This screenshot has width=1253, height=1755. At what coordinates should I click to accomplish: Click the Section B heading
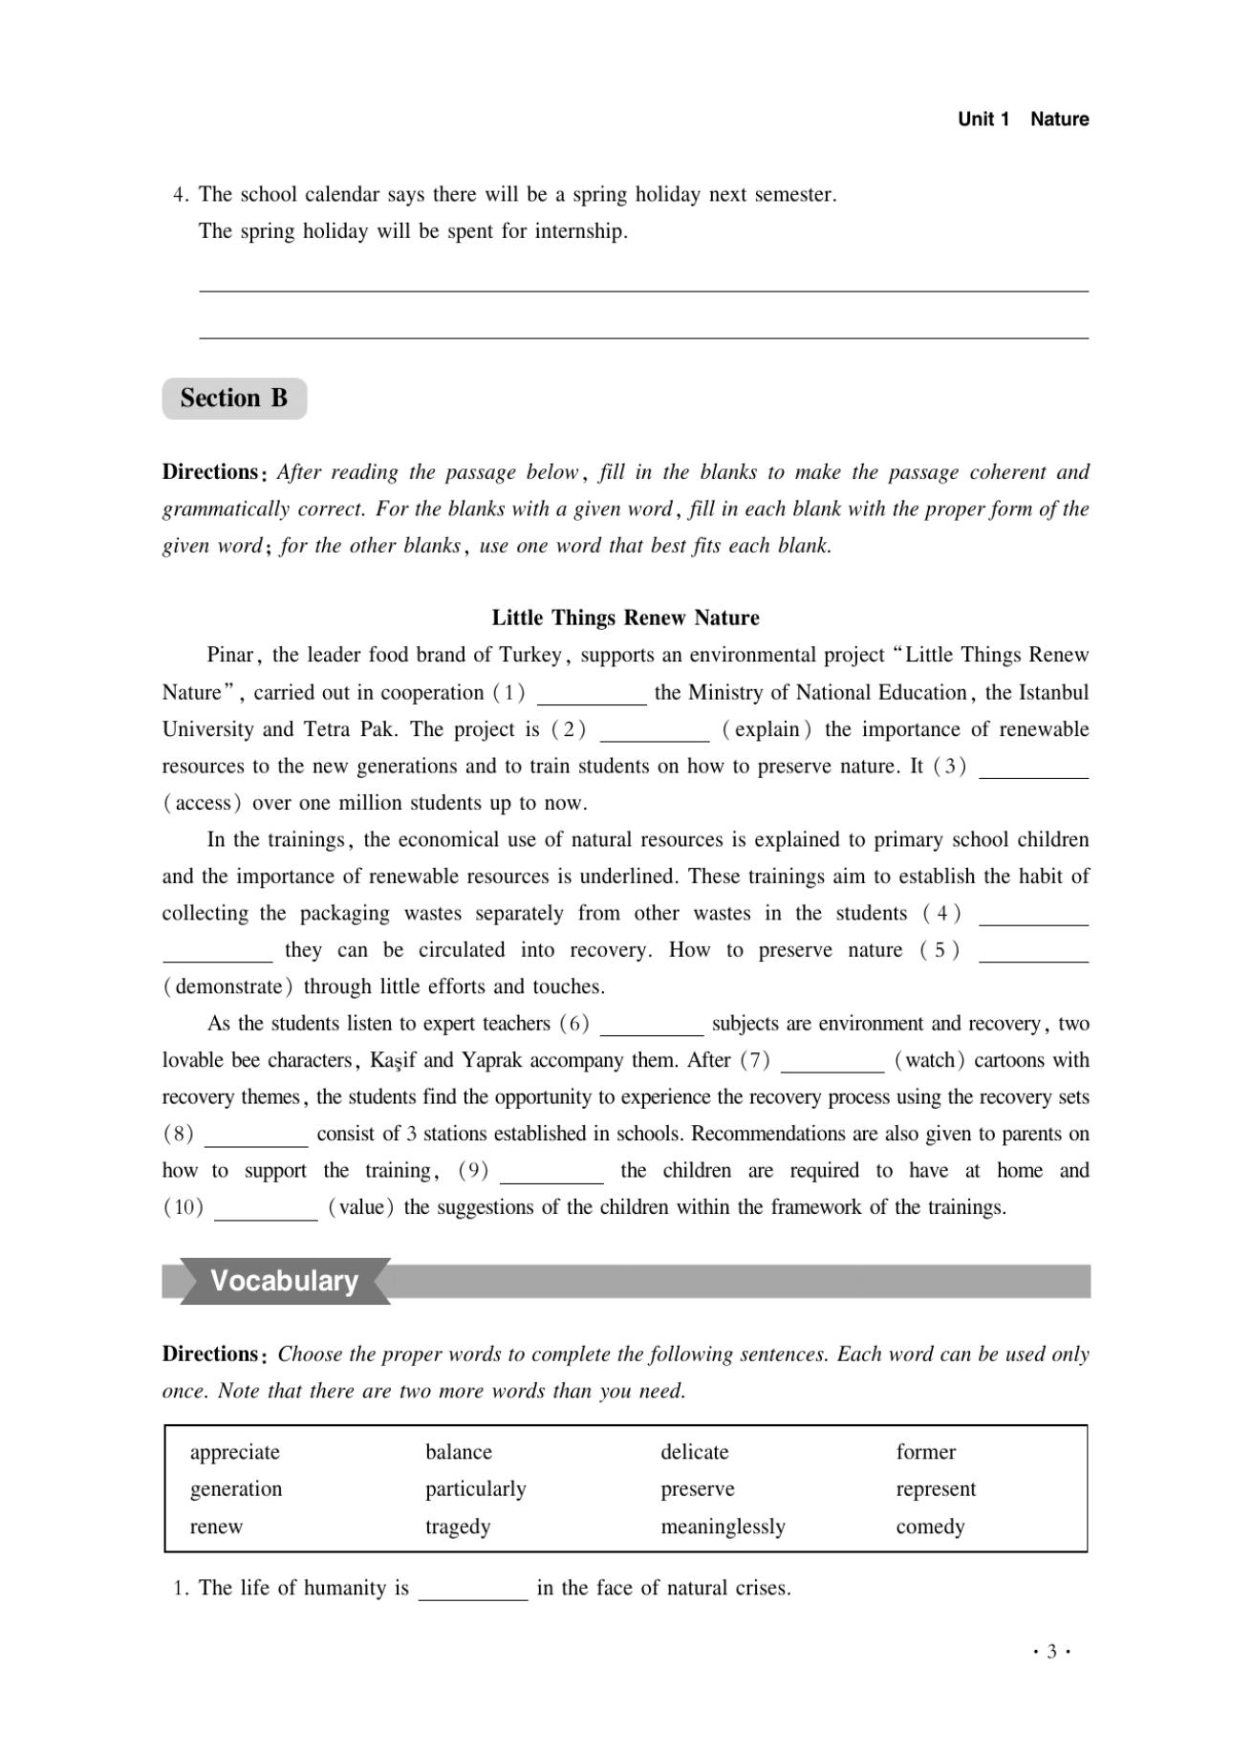234,398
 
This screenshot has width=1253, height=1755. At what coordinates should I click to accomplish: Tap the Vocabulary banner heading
284,1281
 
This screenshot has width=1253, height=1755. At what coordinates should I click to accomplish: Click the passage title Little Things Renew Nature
625,617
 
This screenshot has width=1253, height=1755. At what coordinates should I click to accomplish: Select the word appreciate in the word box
235,1452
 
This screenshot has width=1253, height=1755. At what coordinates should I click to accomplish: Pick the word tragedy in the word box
458,1527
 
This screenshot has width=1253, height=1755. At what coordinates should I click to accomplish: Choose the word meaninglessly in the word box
723,1527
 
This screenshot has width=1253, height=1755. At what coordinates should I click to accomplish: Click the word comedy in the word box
930,1527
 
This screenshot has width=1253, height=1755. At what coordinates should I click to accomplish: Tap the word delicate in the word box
695,1452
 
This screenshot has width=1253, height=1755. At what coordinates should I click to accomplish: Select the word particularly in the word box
476,1489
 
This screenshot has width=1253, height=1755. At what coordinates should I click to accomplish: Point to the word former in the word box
925,1452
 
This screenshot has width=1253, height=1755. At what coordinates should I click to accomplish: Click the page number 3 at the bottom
1051,1652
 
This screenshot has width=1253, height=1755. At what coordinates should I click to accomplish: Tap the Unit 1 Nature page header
1023,119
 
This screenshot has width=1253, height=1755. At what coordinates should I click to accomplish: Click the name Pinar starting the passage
229,656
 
